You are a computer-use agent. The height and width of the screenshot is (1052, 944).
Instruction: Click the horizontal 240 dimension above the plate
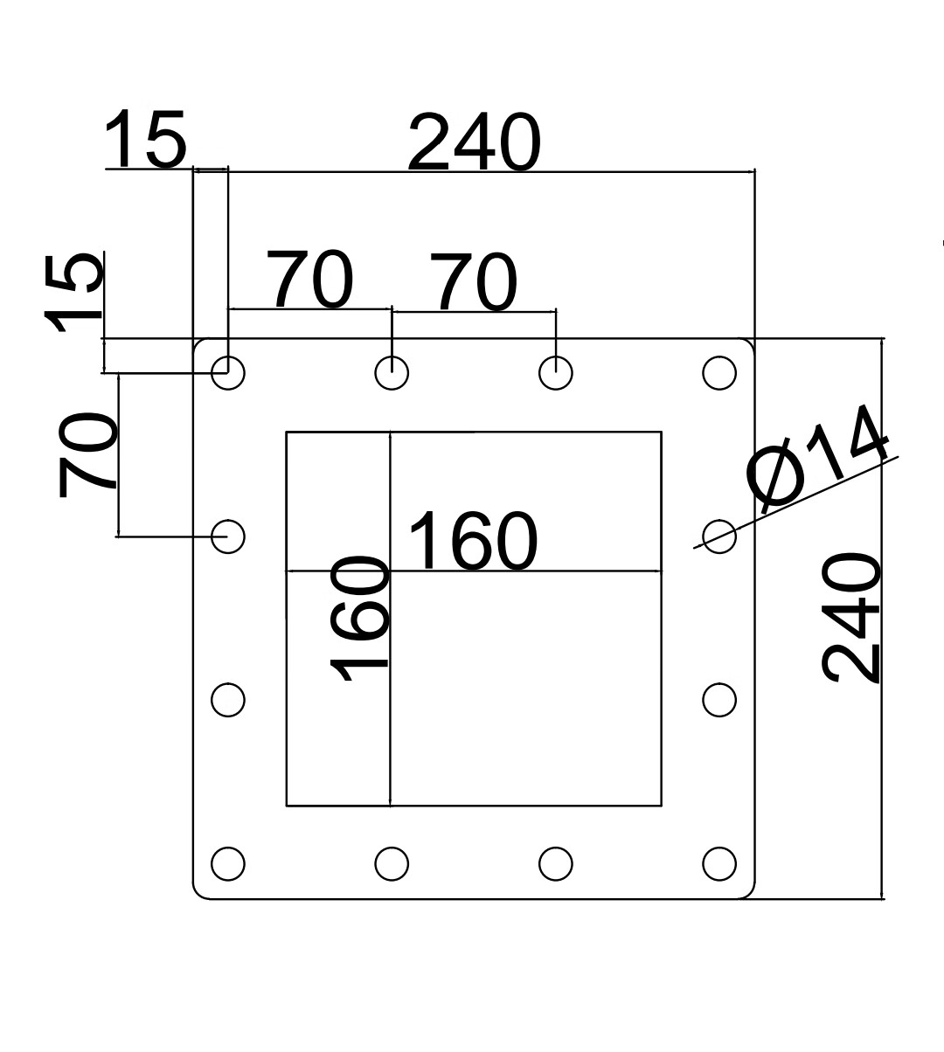coord(475,142)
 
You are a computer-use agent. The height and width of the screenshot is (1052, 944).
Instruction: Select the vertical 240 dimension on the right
coord(850,618)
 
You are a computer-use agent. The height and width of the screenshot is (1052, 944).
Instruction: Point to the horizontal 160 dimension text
coord(473,541)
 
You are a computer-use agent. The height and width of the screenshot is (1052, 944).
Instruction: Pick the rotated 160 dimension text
coord(359,618)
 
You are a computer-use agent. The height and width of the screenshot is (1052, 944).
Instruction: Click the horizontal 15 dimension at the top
coord(145,139)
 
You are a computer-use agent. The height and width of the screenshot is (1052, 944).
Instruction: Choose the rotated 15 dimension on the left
coord(73,293)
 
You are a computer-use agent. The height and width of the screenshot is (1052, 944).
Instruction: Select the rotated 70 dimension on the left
coord(87,454)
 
